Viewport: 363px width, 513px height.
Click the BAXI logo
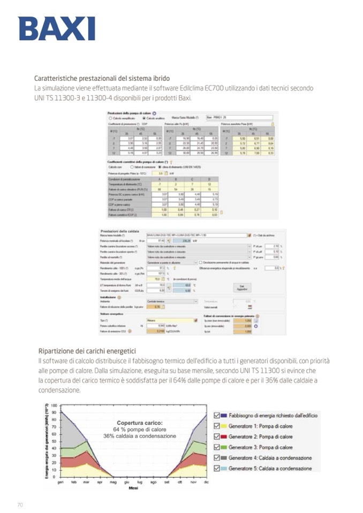pos(56,28)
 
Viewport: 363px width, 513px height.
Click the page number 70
pos(20,504)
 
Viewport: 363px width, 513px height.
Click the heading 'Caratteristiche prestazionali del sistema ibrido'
pos(102,78)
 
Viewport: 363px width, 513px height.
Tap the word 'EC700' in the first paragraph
pos(248,88)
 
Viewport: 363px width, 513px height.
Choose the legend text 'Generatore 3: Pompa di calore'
pos(261,447)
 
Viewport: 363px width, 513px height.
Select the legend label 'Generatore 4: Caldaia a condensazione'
pos(270,458)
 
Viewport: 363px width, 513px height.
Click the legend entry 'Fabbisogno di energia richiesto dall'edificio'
pos(273,415)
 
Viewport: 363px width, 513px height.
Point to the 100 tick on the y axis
pos(53,405)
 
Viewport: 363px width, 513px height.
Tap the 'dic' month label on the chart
pos(206,481)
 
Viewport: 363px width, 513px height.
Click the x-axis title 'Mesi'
pos(133,488)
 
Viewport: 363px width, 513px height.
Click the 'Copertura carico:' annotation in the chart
pos(132,423)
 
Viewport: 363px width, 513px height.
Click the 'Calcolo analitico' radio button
pos(137,118)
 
